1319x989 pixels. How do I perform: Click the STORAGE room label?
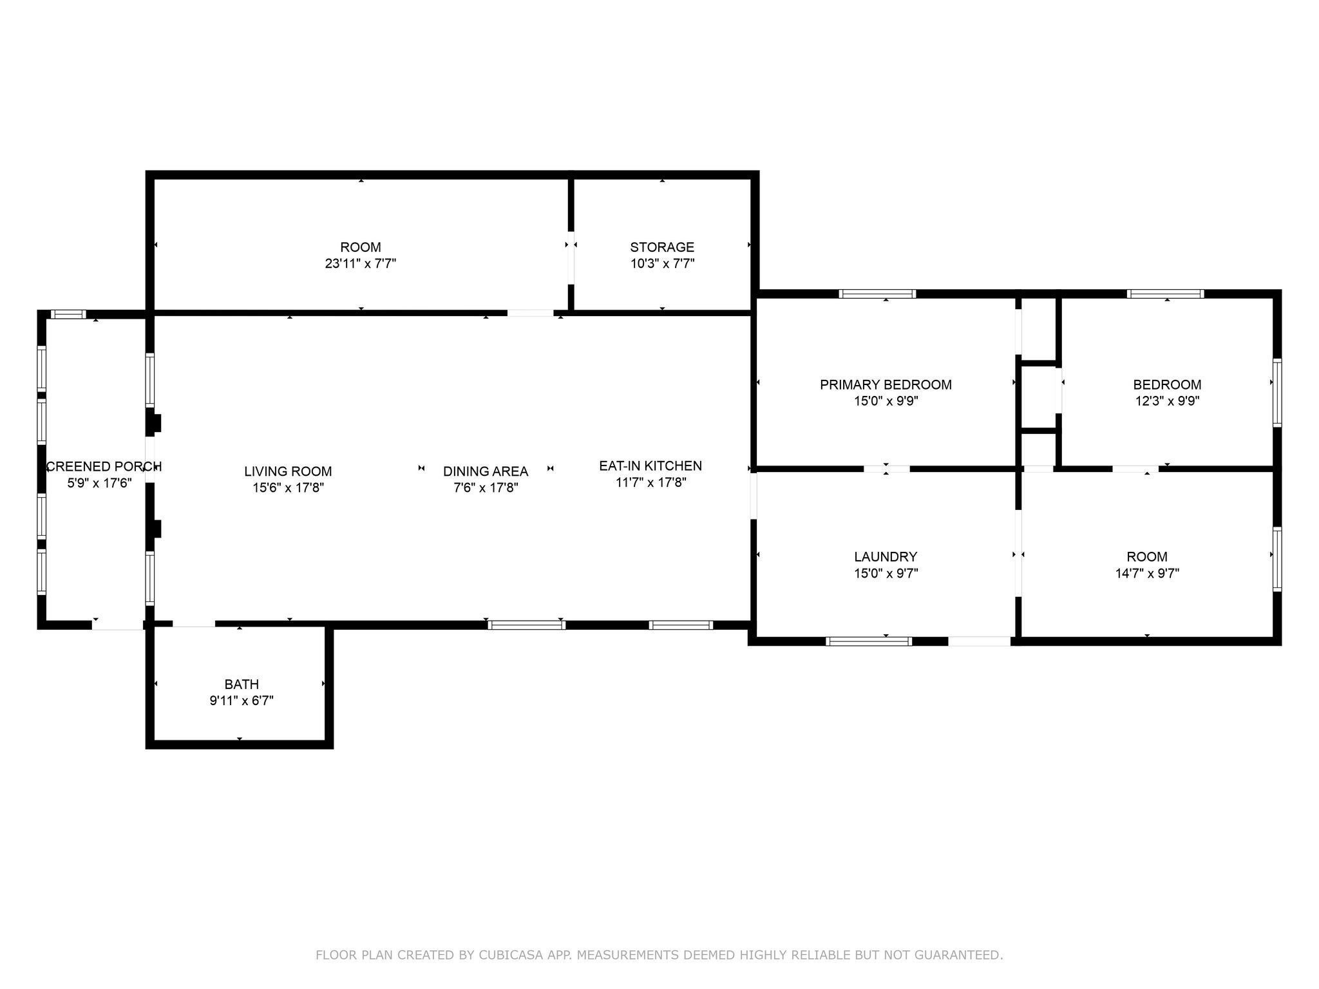[662, 247]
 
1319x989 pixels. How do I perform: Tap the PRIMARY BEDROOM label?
[886, 385]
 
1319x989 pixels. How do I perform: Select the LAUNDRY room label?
[886, 557]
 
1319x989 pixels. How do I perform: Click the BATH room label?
[242, 684]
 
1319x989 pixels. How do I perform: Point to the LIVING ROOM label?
[288, 471]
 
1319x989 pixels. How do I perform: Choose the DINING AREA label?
[486, 471]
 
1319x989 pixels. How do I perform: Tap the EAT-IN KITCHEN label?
[650, 466]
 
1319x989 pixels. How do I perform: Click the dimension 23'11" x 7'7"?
[361, 263]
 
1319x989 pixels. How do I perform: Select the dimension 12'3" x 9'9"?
[1167, 401]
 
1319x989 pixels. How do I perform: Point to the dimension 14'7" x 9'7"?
[1147, 573]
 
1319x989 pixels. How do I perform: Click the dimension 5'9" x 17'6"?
[100, 482]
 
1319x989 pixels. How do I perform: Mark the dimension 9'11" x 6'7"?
[242, 701]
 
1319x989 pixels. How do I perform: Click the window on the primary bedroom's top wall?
[877, 294]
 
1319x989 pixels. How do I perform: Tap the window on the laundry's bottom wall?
[869, 641]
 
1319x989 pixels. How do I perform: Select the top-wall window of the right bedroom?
[1165, 294]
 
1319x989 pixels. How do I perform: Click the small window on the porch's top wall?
[68, 314]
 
